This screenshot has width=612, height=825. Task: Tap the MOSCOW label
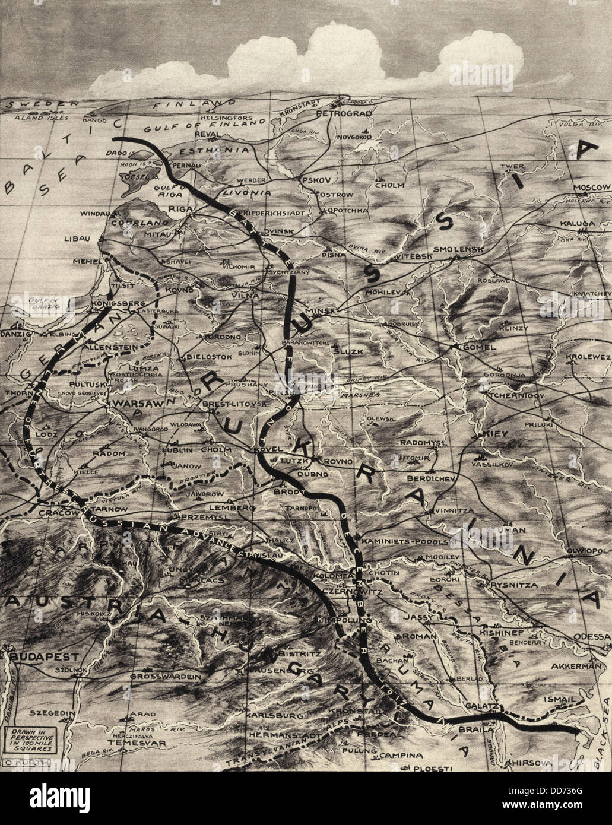(x=591, y=188)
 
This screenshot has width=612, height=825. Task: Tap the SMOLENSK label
(x=460, y=250)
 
